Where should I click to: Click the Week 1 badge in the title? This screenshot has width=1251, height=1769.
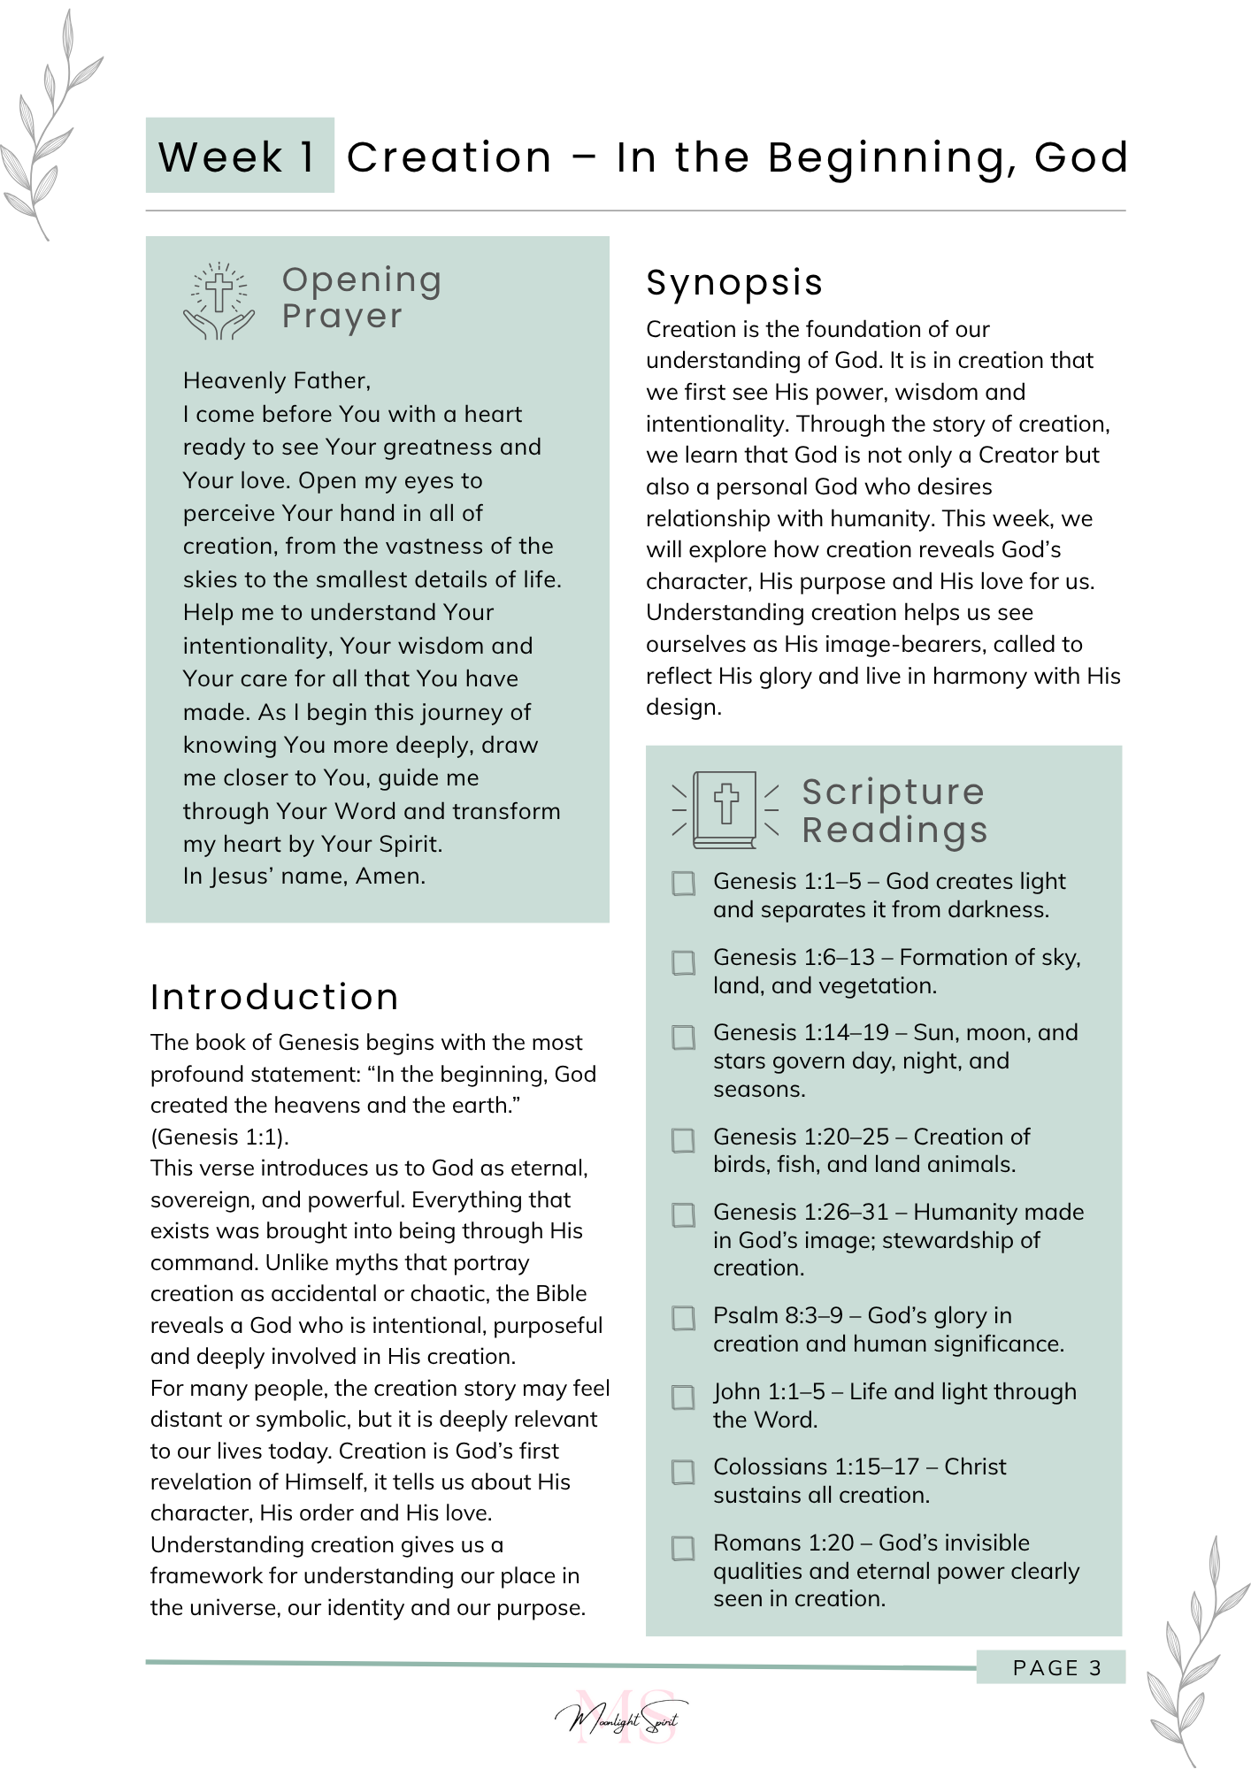239,156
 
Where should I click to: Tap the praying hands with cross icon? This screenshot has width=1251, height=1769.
219,302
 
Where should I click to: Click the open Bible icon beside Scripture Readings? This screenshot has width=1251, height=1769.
725,809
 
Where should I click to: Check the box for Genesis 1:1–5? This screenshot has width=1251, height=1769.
683,884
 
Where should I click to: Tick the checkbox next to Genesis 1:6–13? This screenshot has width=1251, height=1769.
683,962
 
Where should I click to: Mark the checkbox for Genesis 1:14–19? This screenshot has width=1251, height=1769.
683,1037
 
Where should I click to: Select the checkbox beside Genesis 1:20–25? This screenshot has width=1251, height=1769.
683,1140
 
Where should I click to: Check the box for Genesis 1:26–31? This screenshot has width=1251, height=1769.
683,1215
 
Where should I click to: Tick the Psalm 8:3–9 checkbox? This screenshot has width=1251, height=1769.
683,1318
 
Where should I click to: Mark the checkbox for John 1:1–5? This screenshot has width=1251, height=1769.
683,1397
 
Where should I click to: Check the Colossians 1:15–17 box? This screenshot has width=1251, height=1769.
683,1472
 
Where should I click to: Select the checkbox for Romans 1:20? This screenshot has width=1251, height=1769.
683,1549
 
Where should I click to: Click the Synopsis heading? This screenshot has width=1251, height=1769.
734,283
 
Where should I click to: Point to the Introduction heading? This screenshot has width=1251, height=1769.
274,997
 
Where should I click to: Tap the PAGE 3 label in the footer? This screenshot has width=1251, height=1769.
1056,1668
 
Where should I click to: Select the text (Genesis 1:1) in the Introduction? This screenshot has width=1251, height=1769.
219,1137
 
